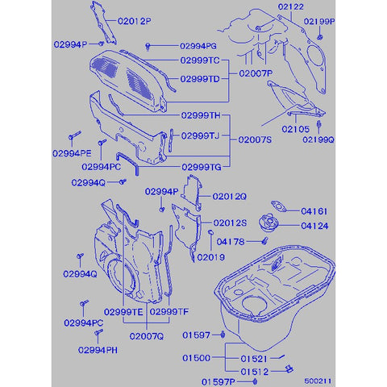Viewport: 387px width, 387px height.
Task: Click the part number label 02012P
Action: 135,21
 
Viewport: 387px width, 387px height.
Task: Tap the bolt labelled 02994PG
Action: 148,47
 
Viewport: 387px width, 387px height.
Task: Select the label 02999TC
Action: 200,60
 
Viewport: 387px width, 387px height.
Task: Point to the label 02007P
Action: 256,73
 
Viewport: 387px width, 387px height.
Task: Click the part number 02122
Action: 291,6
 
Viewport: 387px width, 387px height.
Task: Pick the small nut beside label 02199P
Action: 320,37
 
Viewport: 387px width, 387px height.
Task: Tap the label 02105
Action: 296,129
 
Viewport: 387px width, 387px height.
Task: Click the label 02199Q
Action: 318,139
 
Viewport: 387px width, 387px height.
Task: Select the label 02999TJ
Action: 200,135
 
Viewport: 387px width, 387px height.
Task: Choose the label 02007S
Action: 255,139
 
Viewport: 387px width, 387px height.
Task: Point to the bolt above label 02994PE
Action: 74,135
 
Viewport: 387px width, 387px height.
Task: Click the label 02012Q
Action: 229,197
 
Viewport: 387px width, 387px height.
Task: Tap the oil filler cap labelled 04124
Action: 268,222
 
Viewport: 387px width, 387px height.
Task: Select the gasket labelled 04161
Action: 280,206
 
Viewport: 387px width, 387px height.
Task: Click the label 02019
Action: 211,257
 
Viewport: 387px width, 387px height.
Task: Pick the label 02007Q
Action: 147,336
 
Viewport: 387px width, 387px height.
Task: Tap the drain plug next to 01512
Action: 289,368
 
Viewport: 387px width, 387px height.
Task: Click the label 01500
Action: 196,358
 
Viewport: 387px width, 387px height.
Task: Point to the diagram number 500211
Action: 318,381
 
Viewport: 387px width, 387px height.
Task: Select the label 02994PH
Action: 98,350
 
